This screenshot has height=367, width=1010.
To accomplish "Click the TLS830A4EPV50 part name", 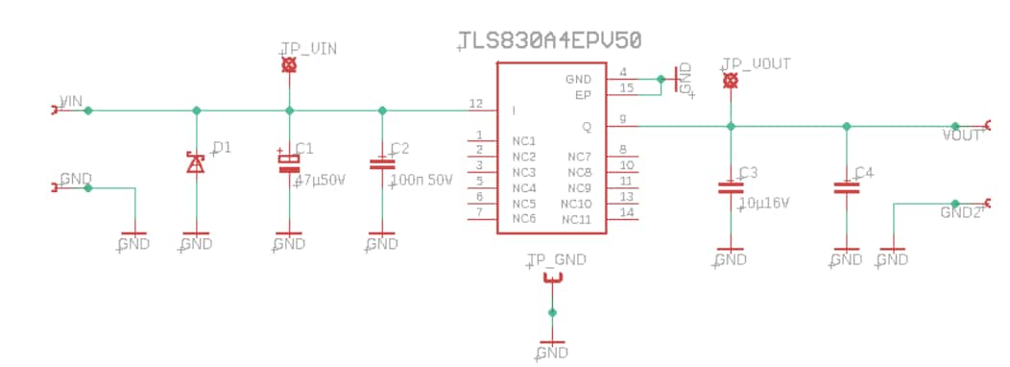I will [549, 40].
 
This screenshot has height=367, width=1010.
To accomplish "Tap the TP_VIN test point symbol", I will [289, 65].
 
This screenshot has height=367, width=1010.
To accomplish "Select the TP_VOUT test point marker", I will [730, 81].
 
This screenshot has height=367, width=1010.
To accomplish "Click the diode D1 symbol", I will [196, 163].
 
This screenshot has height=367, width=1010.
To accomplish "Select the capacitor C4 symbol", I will [846, 188].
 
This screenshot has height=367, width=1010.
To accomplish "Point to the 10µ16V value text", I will [763, 204].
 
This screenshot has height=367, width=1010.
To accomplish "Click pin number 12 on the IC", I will [475, 104].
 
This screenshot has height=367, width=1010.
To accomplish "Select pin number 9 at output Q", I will [623, 119].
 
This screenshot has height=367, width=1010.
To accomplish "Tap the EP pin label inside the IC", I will [583, 95].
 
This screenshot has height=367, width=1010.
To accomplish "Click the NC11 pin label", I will [577, 220].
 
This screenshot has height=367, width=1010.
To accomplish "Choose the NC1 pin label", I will [524, 141].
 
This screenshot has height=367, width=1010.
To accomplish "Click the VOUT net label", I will [962, 135].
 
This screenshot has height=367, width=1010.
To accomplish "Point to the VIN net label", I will [72, 101].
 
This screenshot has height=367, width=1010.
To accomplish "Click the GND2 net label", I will [960, 212].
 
